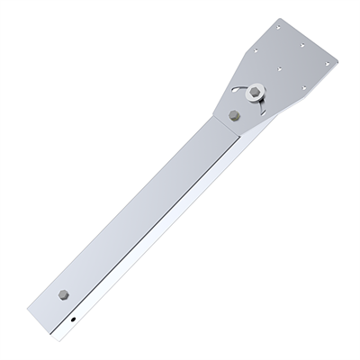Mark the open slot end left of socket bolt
click(x=236, y=89)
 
